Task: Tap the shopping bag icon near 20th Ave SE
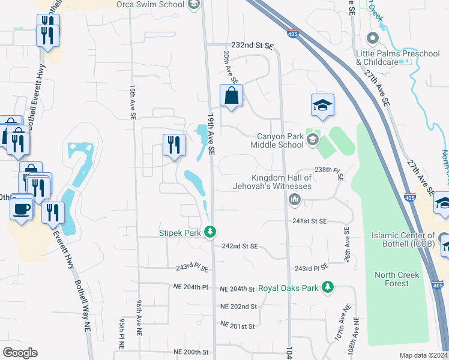(231, 96)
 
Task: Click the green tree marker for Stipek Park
(209, 231)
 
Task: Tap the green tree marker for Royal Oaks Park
(327, 288)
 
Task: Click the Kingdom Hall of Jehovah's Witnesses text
(281, 182)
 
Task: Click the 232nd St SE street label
(252, 46)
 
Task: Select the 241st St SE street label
(310, 221)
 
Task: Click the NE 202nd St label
(238, 307)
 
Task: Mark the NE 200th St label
(191, 352)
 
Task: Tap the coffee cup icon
(22, 209)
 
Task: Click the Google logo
(20, 353)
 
